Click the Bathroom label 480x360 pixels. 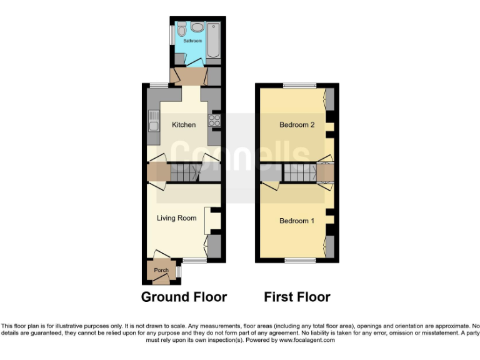click(x=192, y=41)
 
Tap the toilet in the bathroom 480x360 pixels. click(x=182, y=29)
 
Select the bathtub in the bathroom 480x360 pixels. click(x=213, y=41)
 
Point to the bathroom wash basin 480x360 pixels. click(x=197, y=27)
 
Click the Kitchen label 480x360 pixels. click(x=184, y=124)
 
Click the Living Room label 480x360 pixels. click(x=176, y=218)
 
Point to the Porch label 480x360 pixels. click(x=161, y=270)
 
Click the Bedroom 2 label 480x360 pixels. click(x=296, y=124)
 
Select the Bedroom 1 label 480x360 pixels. click(x=296, y=221)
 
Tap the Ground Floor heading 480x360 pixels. click(x=184, y=297)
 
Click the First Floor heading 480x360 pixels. click(x=297, y=297)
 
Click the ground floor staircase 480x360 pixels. click(x=184, y=172)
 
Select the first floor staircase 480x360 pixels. click(x=299, y=172)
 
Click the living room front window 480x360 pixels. click(x=195, y=259)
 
